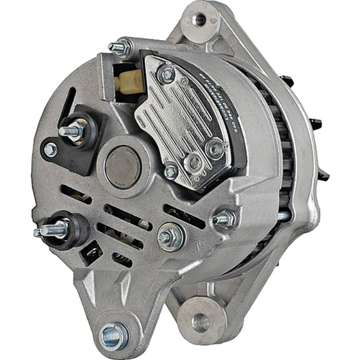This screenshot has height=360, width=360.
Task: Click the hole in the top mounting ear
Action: [199, 19]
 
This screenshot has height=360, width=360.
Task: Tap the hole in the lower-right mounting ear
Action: [200, 322]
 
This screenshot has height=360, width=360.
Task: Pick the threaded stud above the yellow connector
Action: [121, 47]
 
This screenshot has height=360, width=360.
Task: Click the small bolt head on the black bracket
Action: [50, 149]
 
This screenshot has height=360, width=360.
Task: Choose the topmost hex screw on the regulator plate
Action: [166, 74]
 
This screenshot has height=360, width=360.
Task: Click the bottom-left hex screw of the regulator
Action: [170, 171]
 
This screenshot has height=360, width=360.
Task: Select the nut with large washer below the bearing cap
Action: [167, 236]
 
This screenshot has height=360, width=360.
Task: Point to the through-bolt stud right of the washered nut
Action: [223, 219]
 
